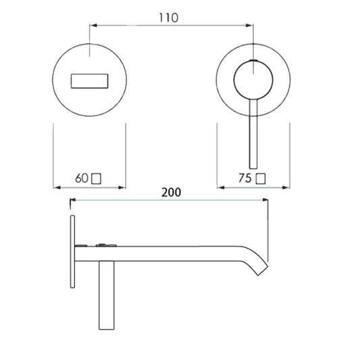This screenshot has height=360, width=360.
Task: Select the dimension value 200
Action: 172,192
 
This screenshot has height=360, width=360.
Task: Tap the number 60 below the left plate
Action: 82,178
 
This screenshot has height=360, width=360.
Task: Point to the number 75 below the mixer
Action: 245,178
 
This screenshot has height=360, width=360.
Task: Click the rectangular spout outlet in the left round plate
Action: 88,81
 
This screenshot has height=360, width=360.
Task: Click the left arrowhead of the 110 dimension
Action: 93,26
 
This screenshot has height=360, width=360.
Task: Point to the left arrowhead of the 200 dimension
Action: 73,201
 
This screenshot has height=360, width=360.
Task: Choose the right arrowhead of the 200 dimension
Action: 267,201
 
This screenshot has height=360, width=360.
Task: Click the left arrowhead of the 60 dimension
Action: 55,186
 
